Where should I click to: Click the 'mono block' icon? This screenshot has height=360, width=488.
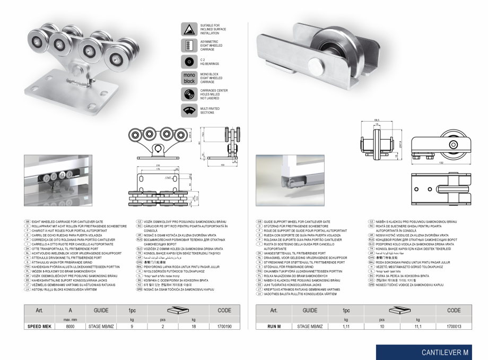click(x=189, y=78)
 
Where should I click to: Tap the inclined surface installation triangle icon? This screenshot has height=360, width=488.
click(x=189, y=29)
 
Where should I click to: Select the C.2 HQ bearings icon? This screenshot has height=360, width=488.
click(x=189, y=61)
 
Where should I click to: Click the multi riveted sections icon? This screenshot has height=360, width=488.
click(x=189, y=110)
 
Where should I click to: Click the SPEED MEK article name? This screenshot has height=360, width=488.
click(x=39, y=327)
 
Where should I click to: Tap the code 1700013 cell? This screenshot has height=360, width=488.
click(x=454, y=327)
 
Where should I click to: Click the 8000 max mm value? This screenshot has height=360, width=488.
click(x=71, y=327)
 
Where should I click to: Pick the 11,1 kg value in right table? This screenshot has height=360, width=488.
click(x=417, y=327)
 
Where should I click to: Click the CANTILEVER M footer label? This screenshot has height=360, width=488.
click(x=445, y=352)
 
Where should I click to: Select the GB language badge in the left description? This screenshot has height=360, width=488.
click(x=27, y=220)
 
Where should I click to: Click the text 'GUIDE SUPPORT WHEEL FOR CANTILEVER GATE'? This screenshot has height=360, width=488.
click(x=297, y=220)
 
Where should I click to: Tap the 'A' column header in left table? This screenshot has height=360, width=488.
click(x=71, y=310)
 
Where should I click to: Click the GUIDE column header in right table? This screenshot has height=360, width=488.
click(x=310, y=310)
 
